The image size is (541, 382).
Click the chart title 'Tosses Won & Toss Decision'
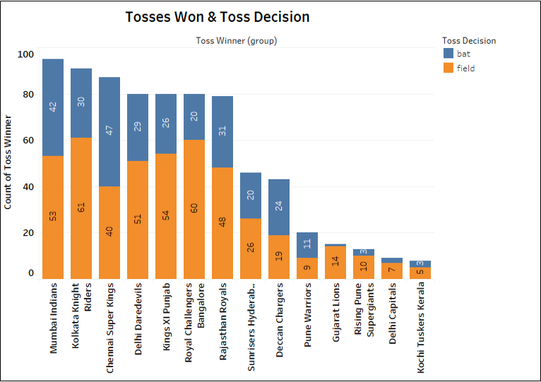[x=217, y=17]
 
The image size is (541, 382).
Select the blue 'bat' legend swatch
[x=448, y=54]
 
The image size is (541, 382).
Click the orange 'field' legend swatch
[x=448, y=68]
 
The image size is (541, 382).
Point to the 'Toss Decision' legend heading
[x=468, y=40]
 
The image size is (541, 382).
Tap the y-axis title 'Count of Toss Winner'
[x=9, y=163]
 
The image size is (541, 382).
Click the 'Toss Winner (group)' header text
[x=236, y=41]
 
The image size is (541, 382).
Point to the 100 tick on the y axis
[x=25, y=54]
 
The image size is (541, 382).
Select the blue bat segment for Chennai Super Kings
[x=109, y=131]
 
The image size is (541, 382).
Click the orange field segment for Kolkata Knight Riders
[x=81, y=208]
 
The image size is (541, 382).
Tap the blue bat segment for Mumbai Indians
[x=53, y=107]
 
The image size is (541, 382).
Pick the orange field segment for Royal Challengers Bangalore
[x=194, y=209]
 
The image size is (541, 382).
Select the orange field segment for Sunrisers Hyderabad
[x=251, y=248]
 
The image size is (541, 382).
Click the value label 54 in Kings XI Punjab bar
[x=166, y=215]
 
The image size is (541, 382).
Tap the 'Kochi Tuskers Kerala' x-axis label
[x=421, y=322]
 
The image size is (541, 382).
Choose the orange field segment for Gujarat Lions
[x=335, y=262]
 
